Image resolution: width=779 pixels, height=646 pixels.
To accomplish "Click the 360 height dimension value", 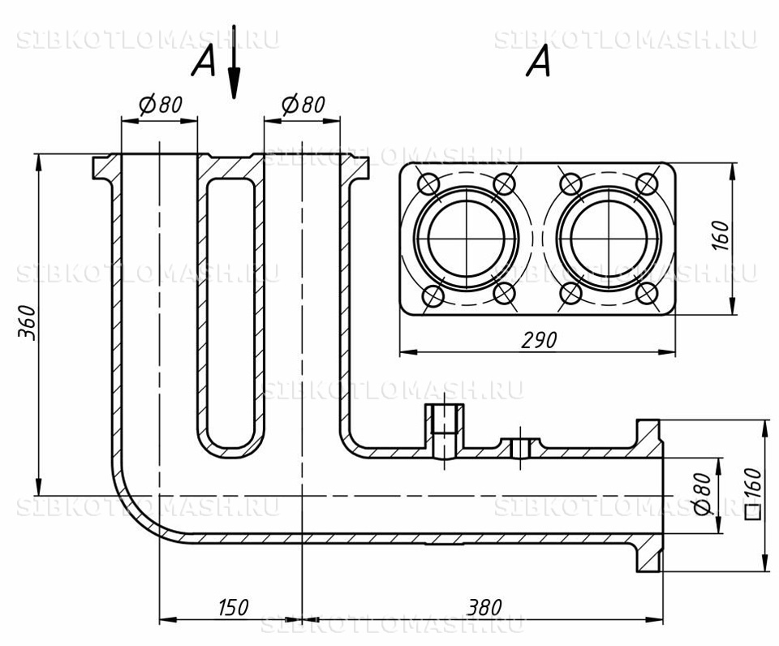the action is click(x=28, y=323).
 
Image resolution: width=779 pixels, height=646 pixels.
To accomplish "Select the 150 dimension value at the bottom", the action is click(x=233, y=607).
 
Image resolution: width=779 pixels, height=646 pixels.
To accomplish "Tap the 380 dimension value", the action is click(x=484, y=607).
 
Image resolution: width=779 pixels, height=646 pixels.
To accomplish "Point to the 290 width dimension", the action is click(x=539, y=340).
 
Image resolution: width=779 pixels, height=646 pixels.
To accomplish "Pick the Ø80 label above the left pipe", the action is click(x=161, y=105).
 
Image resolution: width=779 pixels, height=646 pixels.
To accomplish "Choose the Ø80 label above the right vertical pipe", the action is click(x=303, y=105).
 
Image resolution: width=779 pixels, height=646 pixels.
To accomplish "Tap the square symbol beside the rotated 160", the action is click(x=754, y=512).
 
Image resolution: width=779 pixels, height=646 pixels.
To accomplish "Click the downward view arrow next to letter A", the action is click(x=234, y=62).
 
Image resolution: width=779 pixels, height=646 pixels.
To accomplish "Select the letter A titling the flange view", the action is click(x=539, y=61).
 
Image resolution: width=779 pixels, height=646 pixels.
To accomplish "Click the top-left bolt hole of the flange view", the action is click(x=428, y=184).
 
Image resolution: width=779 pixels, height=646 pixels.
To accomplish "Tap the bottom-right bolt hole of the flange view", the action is click(x=647, y=294).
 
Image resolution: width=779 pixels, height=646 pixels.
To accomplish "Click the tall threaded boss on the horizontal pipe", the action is click(x=444, y=430).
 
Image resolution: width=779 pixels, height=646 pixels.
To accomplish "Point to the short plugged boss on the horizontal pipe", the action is click(x=520, y=447).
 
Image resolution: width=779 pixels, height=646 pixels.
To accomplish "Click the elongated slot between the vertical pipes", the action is click(x=230, y=313).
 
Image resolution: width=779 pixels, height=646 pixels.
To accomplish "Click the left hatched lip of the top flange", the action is click(x=106, y=168).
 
